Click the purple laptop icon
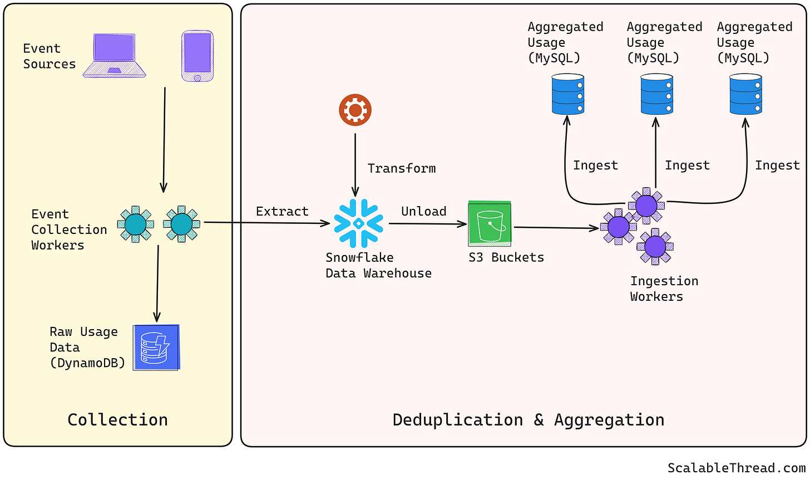(x=114, y=55)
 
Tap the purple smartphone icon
(x=197, y=56)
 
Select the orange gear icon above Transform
(x=355, y=110)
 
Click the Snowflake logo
(x=358, y=223)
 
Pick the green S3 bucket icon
(x=490, y=223)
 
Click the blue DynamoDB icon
(x=156, y=348)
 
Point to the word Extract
(x=283, y=212)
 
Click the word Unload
(x=424, y=212)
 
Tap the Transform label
(x=402, y=169)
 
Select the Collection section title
(x=118, y=420)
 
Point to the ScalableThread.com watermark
(x=737, y=468)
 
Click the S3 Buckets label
(x=506, y=257)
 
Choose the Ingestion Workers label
(x=664, y=289)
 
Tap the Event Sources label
(x=50, y=56)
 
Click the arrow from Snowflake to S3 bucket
(x=428, y=224)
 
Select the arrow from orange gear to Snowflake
(x=355, y=165)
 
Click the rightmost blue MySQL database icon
(x=745, y=94)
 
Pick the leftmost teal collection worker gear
(x=136, y=224)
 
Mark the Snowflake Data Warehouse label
(x=379, y=266)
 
